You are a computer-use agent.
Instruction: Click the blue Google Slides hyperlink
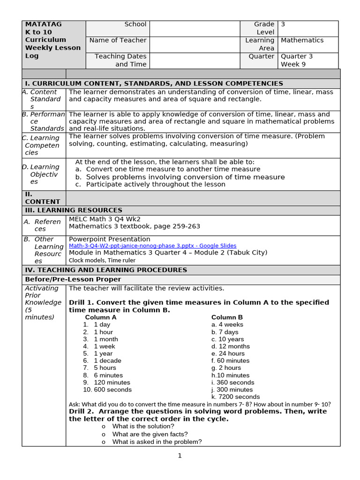[x=152, y=246]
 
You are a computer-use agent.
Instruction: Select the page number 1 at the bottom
[x=180, y=456]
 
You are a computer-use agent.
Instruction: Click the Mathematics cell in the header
[x=302, y=40]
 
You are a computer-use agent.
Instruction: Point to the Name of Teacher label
[x=118, y=40]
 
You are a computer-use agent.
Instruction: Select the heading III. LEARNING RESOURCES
[x=74, y=210]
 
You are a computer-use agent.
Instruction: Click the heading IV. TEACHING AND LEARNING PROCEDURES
[x=106, y=270]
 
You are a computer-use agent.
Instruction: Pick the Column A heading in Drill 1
[x=101, y=317]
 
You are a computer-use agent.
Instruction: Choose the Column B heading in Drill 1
[x=227, y=317]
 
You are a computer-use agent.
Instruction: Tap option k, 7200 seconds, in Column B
[x=229, y=397]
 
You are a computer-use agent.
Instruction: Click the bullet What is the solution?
[x=143, y=427]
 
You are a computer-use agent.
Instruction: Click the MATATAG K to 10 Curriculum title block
[x=52, y=40]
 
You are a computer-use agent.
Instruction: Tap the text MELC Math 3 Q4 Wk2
[x=105, y=219]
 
